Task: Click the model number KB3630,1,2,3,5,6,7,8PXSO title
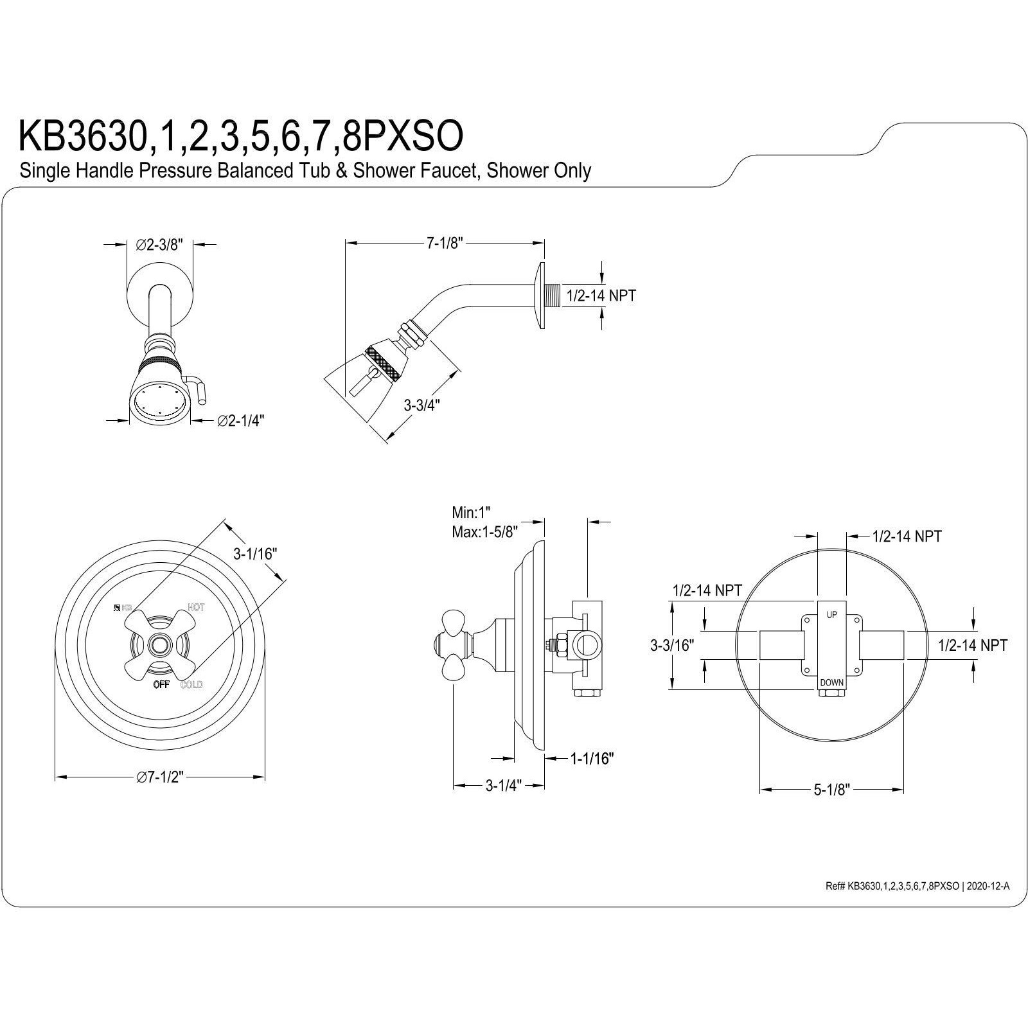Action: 240,136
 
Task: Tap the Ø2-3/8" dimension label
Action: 160,244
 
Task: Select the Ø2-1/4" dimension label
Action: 241,420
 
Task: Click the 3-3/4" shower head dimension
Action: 421,405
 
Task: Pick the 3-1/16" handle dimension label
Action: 254,553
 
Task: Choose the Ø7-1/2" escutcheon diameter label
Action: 160,777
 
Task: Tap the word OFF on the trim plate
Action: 161,684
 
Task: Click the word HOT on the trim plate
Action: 196,607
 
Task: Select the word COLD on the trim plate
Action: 191,685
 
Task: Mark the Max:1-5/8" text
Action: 485,532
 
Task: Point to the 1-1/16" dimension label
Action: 592,759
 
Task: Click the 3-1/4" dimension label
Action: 503,785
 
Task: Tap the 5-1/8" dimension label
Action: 832,790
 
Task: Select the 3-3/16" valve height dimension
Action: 671,645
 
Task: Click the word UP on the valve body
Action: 831,615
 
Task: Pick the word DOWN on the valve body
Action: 832,682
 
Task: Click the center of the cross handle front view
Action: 158,643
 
